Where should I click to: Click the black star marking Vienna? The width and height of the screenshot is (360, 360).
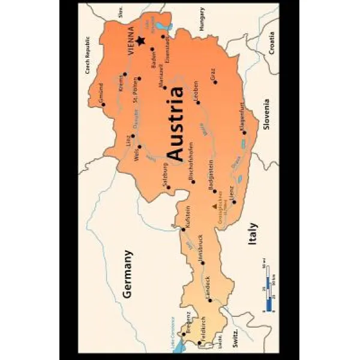(140, 40)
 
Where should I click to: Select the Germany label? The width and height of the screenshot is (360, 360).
(127, 274)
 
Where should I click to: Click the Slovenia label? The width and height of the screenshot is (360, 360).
(267, 114)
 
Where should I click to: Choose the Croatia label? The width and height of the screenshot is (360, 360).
(272, 42)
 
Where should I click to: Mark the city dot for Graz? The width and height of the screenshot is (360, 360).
(215, 82)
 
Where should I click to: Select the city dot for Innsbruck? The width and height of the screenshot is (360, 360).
(202, 262)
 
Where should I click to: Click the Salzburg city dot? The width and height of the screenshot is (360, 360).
(169, 187)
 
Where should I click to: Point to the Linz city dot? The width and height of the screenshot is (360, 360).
(133, 136)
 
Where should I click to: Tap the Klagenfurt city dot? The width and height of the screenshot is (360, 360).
(244, 132)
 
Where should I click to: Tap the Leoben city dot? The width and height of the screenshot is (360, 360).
(197, 102)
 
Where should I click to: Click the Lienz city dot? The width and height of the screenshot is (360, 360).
(234, 202)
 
